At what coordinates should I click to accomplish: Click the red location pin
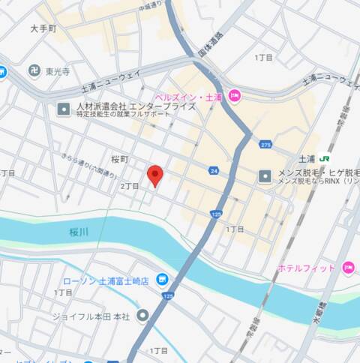click(x=155, y=175)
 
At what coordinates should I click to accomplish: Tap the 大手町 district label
click(x=43, y=28)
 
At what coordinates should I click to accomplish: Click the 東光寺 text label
click(x=57, y=72)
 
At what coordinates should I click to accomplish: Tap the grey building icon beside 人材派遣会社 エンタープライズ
click(x=64, y=109)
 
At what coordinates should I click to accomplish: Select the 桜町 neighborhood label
click(x=120, y=159)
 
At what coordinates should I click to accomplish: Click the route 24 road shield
click(x=214, y=171)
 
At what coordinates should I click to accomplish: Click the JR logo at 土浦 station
click(x=325, y=158)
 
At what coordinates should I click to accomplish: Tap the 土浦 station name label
click(x=306, y=159)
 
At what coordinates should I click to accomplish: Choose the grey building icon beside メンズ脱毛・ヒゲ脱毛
click(x=264, y=177)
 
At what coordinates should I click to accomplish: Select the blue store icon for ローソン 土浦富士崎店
click(x=160, y=280)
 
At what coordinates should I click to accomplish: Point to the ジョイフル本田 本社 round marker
click(x=142, y=316)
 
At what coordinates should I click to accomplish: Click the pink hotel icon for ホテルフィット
click(x=347, y=268)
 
